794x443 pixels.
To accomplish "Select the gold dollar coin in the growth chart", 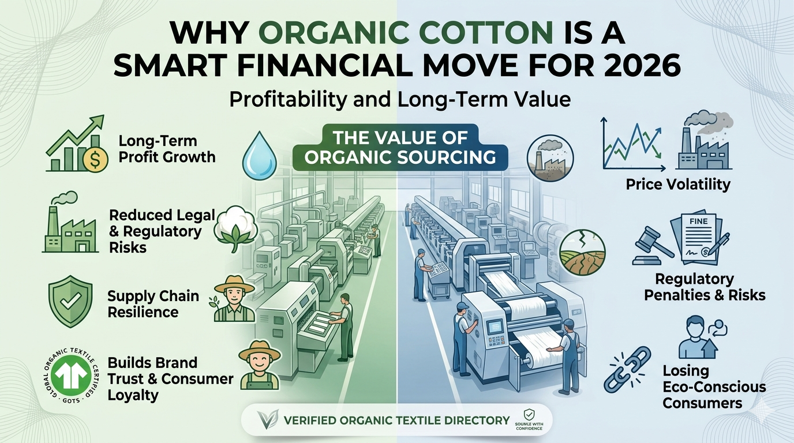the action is pos(95,160).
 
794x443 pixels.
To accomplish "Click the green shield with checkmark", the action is pos(70,301).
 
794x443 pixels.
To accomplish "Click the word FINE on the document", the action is pos(698,221).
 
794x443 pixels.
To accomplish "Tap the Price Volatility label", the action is pos(678,184).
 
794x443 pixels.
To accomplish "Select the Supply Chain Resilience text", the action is pos(153,304).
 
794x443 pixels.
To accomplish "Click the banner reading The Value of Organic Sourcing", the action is pos(400,148).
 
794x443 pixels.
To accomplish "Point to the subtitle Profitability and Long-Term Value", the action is pos(400,100).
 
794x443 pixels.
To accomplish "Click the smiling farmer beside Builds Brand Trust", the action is pos(260,365).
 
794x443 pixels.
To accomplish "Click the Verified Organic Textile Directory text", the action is pos(396,421).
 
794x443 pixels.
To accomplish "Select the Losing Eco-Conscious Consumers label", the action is pos(714,386).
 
